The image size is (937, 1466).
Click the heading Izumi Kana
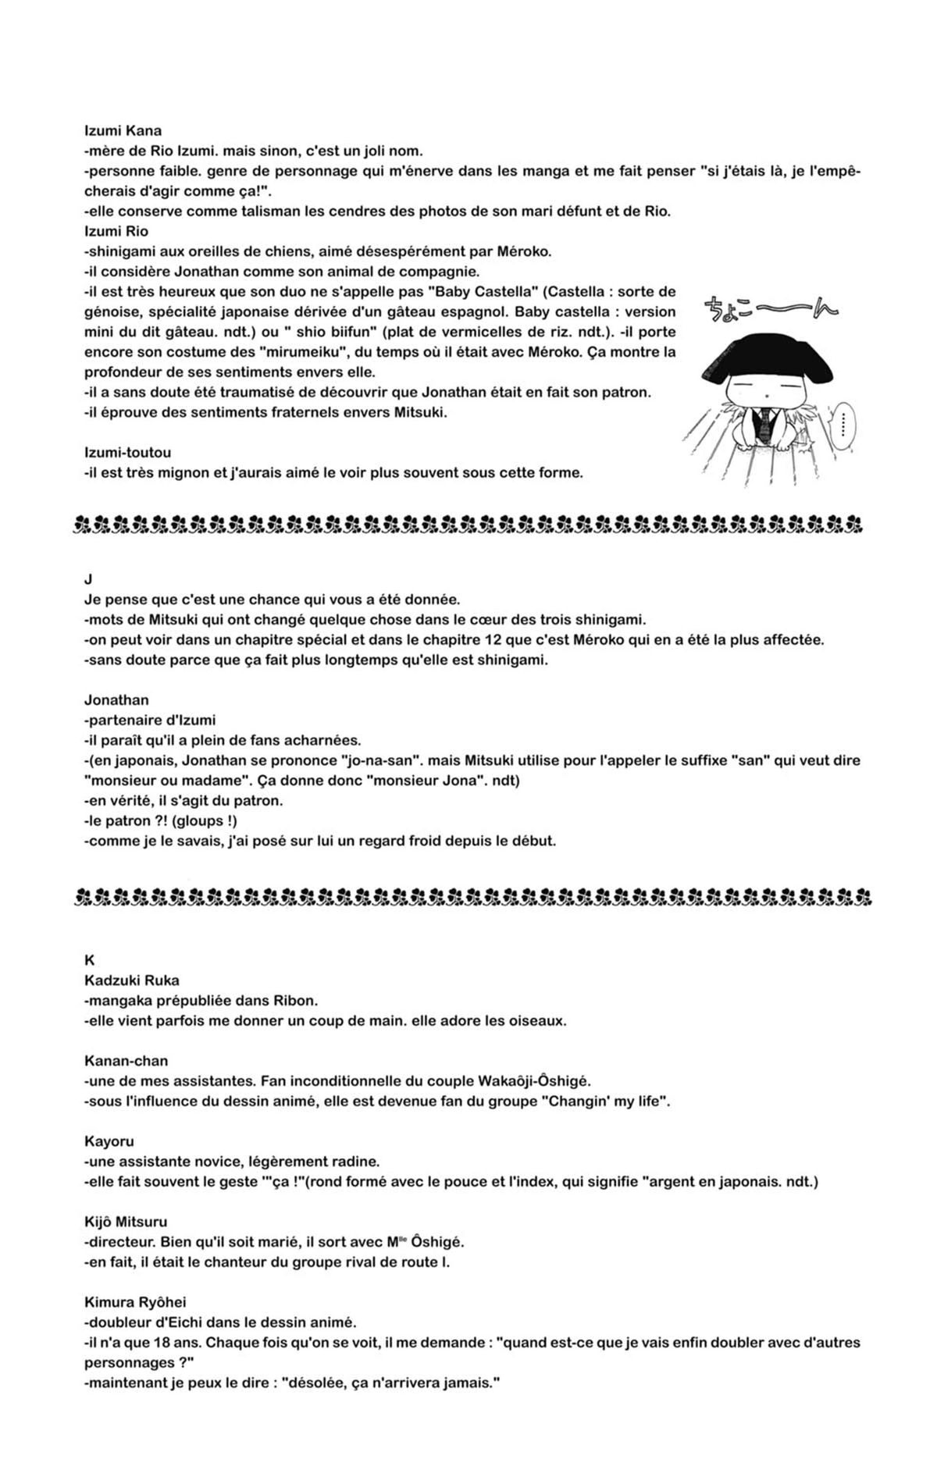click(x=123, y=131)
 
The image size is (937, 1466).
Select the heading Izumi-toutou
click(x=127, y=453)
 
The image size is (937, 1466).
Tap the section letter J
click(x=88, y=579)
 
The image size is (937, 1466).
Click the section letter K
click(x=89, y=961)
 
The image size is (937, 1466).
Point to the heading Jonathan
click(x=116, y=700)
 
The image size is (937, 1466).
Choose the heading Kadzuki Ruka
click(x=132, y=980)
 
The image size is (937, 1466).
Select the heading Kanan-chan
click(x=126, y=1061)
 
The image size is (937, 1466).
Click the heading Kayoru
click(x=109, y=1141)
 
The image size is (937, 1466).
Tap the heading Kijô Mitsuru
click(x=126, y=1222)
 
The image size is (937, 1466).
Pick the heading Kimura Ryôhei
click(x=135, y=1302)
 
